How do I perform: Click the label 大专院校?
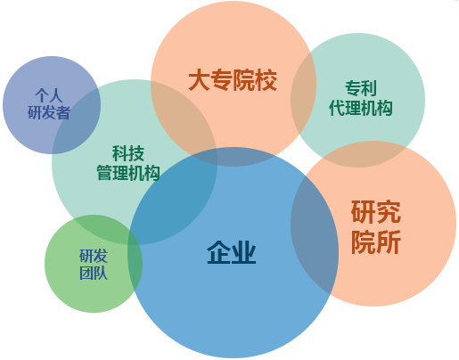tap(233, 80)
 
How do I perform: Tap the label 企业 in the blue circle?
tap(232, 252)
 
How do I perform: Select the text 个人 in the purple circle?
tap(49, 95)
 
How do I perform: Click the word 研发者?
tap(49, 112)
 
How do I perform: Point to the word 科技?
tap(128, 153)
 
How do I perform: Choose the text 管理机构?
tap(128, 173)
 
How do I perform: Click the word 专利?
tap(361, 88)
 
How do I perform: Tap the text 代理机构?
tap(361, 108)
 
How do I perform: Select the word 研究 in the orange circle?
tap(376, 212)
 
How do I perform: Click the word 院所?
tap(376, 241)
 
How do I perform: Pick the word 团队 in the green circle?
tap(94, 274)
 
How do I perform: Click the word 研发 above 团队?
tap(94, 256)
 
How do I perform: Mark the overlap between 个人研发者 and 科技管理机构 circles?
tap(78, 122)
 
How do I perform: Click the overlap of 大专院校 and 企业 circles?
tap(234, 157)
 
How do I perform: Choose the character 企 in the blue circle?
tap(218, 252)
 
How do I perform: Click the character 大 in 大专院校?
tap(200, 80)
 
